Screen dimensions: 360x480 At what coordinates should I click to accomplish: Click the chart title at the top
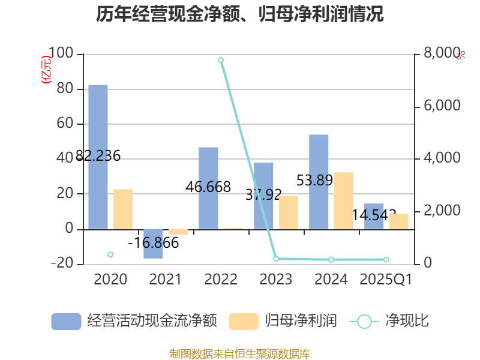(x=240, y=14)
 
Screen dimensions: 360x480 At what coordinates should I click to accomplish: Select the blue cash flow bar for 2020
(x=98, y=157)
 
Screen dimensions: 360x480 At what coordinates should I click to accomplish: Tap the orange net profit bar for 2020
(x=123, y=209)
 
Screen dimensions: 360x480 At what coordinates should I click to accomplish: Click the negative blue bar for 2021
(x=153, y=244)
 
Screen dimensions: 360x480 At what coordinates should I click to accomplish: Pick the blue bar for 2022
(x=208, y=188)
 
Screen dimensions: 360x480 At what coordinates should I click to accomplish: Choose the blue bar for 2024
(x=319, y=181)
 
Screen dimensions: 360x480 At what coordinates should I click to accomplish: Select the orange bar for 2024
(x=343, y=200)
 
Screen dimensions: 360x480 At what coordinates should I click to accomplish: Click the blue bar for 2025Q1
(x=374, y=216)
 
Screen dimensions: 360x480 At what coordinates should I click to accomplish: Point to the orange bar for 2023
(x=288, y=212)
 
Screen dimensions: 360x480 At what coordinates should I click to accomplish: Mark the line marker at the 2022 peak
(x=221, y=60)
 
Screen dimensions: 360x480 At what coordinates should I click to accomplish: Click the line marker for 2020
(x=110, y=254)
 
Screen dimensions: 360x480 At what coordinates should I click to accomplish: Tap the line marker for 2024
(x=331, y=259)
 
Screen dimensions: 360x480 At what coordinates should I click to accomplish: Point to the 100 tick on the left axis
(x=61, y=54)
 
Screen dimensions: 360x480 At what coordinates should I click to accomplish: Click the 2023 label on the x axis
(x=276, y=280)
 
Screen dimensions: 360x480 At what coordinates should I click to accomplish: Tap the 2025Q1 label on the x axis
(x=386, y=280)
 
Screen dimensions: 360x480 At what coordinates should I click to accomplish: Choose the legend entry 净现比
(x=390, y=321)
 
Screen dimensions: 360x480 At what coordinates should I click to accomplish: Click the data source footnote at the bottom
(x=240, y=354)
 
